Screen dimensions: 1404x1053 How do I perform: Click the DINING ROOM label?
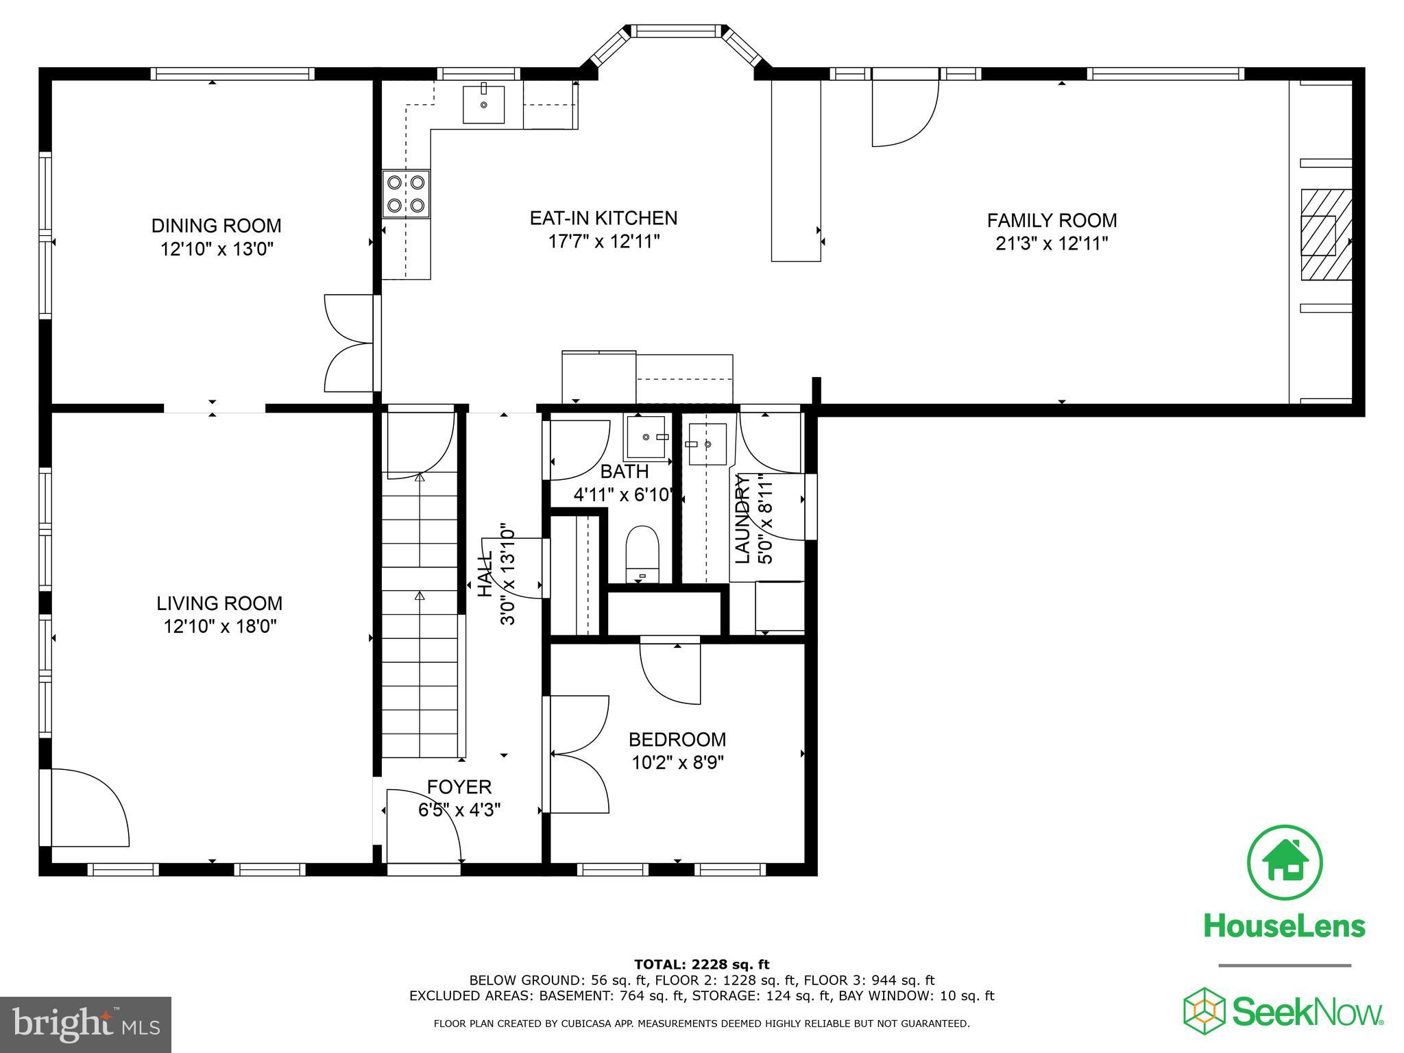(x=216, y=226)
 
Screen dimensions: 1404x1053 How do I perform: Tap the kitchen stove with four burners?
(x=406, y=194)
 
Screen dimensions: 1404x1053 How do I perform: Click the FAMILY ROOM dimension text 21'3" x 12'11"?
(x=1052, y=243)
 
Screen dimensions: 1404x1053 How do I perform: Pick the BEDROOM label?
(x=677, y=740)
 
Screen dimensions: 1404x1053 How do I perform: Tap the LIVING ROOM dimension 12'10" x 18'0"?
(x=219, y=626)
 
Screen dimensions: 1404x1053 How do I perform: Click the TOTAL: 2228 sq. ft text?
(x=701, y=965)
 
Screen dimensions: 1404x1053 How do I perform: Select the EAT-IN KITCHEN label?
(x=603, y=218)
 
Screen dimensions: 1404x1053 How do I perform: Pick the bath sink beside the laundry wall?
(x=646, y=437)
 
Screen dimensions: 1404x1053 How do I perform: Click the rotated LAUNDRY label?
(x=743, y=518)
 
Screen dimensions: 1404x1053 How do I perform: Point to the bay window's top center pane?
(x=677, y=31)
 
